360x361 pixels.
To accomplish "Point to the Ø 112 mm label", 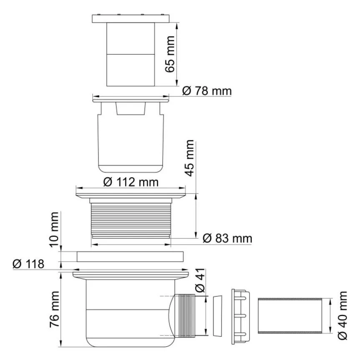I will (x=131, y=182).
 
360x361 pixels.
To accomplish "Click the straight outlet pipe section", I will (x=290, y=316).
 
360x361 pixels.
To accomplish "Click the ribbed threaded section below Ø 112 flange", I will (x=130, y=218).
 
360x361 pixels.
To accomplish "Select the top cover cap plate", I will (x=131, y=18).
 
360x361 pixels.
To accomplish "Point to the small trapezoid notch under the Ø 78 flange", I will (x=130, y=109).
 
